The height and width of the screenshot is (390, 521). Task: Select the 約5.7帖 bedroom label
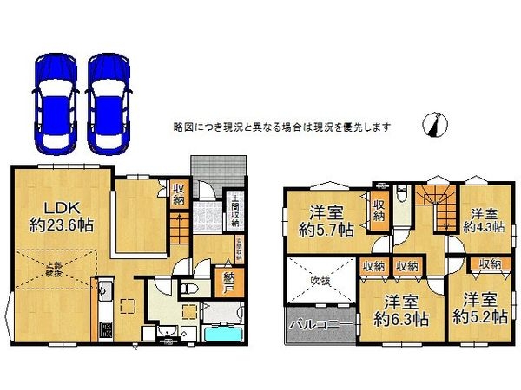(326, 222)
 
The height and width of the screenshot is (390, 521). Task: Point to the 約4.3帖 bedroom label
(479, 220)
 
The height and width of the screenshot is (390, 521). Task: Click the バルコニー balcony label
(319, 326)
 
